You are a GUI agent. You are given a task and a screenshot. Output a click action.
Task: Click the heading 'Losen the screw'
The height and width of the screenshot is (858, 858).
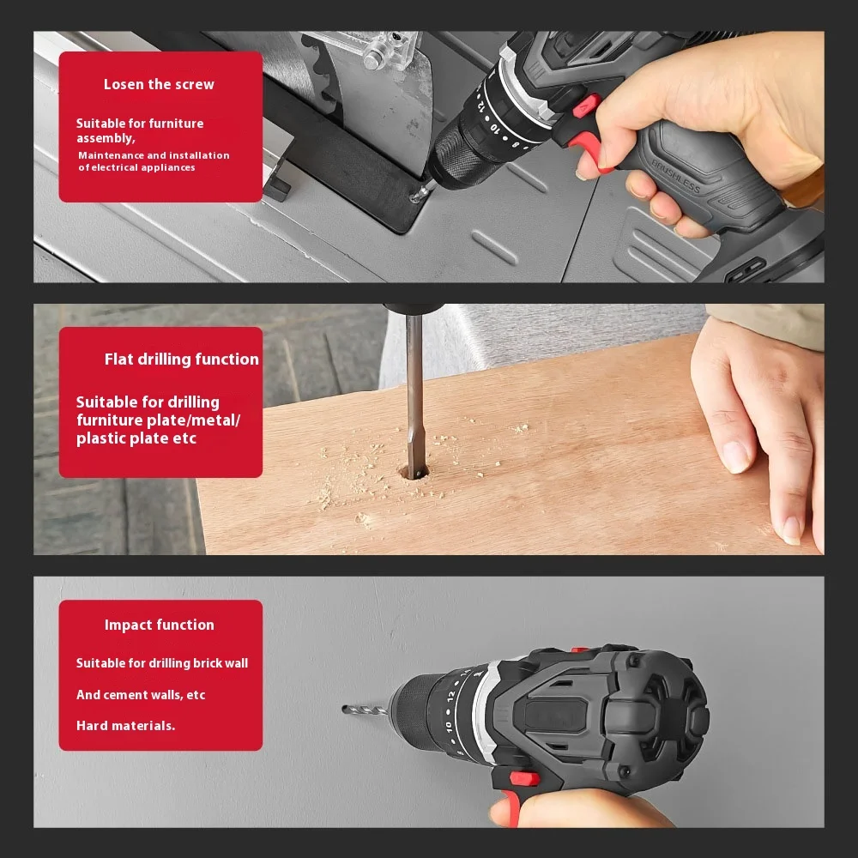click(159, 84)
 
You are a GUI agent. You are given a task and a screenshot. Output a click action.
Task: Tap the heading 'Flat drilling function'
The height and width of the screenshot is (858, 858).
click(181, 360)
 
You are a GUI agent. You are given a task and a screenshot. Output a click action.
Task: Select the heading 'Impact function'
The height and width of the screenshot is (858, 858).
click(160, 625)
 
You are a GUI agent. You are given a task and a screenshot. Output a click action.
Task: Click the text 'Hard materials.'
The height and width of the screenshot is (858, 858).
click(125, 726)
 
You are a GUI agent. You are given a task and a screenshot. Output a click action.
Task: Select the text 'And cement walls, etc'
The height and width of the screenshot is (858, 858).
click(141, 695)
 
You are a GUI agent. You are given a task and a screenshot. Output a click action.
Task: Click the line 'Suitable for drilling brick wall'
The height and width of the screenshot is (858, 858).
click(162, 663)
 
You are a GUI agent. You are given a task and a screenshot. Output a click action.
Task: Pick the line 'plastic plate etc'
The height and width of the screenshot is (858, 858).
click(136, 438)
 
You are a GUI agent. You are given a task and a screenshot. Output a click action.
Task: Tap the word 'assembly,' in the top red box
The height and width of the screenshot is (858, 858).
click(106, 138)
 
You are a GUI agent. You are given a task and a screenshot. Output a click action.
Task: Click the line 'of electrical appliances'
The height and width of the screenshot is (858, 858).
click(136, 168)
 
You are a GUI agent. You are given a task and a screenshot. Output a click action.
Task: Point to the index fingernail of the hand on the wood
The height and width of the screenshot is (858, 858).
click(735, 456)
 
